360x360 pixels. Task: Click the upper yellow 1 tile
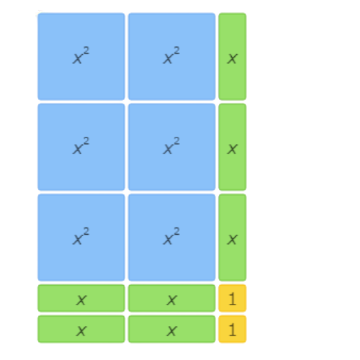tap(233, 298)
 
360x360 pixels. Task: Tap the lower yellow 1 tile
tap(233, 329)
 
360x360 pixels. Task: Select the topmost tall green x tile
tap(233, 56)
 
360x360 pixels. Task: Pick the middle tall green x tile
tap(233, 147)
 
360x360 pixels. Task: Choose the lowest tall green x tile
tap(233, 238)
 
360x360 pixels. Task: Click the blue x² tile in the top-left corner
tap(81, 56)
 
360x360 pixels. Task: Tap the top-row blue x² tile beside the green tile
tap(171, 56)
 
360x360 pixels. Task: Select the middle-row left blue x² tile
tap(81, 147)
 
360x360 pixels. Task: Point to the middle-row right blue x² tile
tap(171, 147)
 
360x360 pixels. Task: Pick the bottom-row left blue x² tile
tap(81, 238)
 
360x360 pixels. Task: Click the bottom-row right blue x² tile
tap(171, 238)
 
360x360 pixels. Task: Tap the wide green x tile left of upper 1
tap(171, 298)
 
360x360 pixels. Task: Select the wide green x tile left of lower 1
tap(171, 329)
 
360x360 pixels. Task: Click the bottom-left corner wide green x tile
tap(81, 329)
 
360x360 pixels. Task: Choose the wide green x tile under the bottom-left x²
tap(81, 298)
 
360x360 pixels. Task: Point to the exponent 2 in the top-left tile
tap(86, 50)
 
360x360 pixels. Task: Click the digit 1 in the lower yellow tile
tap(232, 330)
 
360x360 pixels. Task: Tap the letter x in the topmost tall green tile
tap(233, 59)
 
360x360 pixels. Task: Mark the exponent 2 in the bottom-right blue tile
tap(176, 232)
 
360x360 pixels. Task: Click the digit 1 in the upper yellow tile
tap(232, 299)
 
